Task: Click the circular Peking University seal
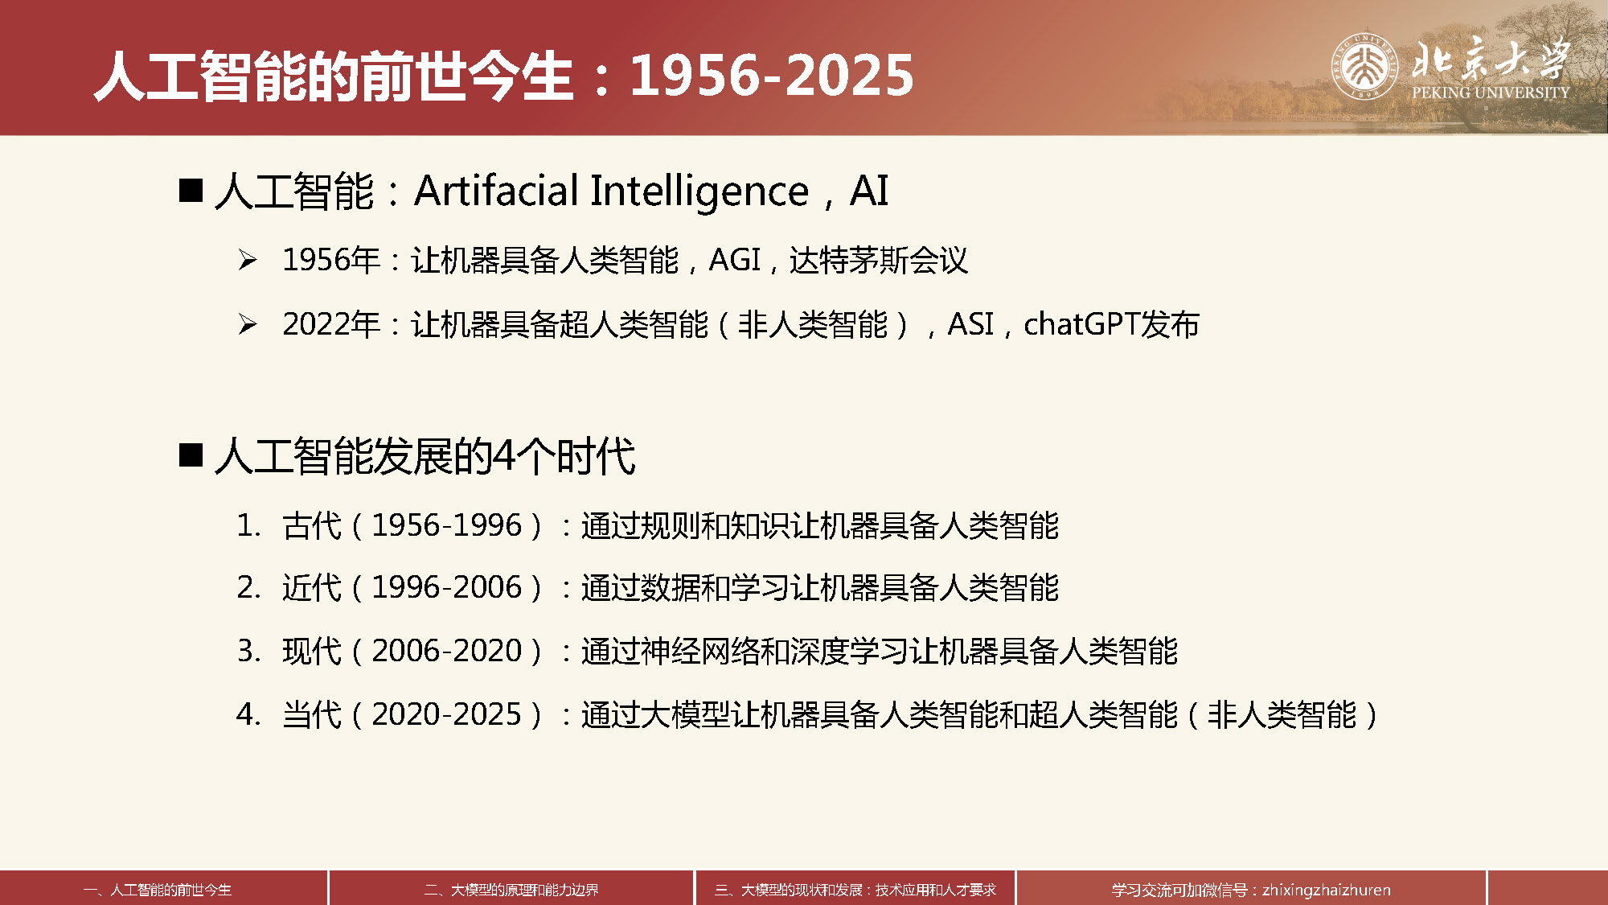1364,66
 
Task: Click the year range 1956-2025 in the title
772,76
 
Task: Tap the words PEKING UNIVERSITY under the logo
1491,93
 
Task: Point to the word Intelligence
699,192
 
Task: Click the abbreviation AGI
735,260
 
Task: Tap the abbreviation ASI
971,324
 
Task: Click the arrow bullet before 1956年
248,260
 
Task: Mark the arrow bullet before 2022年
248,324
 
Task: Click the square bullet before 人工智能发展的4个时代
191,455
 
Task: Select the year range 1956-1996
446,525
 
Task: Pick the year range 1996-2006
446,587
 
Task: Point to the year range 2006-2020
446,650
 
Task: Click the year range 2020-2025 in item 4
446,714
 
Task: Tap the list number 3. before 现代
248,650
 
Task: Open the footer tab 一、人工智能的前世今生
158,890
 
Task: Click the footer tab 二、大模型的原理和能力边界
511,890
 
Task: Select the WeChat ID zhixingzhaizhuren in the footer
1327,890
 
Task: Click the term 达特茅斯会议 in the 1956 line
879,260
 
